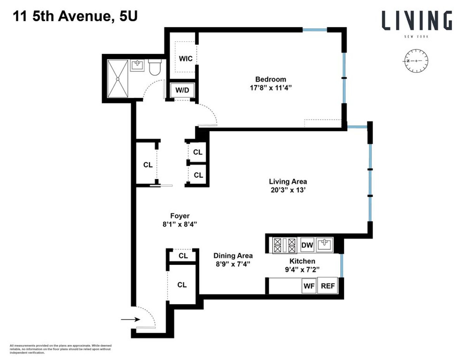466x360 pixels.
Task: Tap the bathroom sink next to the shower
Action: click(137, 65)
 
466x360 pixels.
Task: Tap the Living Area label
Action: click(288, 181)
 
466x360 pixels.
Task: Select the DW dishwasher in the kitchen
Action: click(307, 245)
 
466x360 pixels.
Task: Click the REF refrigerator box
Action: click(327, 287)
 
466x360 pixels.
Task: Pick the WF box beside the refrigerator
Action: click(309, 287)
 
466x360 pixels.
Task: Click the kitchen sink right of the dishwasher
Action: click(324, 245)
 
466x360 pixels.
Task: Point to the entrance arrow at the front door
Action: click(130, 320)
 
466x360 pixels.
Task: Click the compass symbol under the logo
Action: click(416, 61)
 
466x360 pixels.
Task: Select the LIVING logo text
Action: click(416, 21)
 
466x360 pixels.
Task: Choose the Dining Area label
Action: click(233, 256)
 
